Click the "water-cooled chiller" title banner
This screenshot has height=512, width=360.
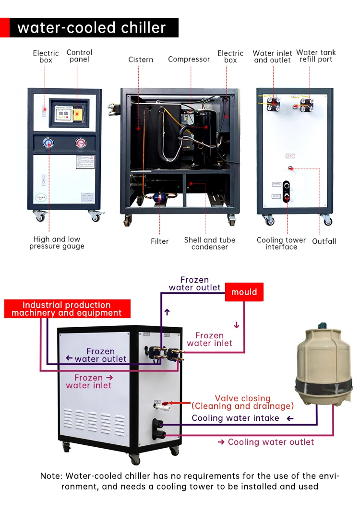click(91, 27)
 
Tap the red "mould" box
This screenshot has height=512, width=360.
click(244, 292)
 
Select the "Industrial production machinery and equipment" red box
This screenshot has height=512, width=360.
click(67, 309)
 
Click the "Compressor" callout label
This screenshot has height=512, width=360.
click(189, 60)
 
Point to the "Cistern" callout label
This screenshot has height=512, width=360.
click(141, 60)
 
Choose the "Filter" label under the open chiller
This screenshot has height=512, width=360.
click(160, 241)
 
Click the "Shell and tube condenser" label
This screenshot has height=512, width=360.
click(210, 243)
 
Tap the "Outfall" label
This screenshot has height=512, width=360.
click(324, 241)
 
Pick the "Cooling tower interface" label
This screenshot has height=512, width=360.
click(281, 243)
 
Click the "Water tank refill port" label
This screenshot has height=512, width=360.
click(316, 56)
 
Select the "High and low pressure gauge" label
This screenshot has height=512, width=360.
click(57, 243)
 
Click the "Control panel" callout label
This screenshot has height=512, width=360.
click(79, 56)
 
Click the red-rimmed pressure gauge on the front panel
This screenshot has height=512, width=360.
click(80, 143)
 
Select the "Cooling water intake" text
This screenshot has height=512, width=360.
click(235, 418)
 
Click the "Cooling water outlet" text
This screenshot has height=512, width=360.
click(271, 442)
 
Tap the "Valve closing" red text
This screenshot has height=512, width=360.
click(242, 398)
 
